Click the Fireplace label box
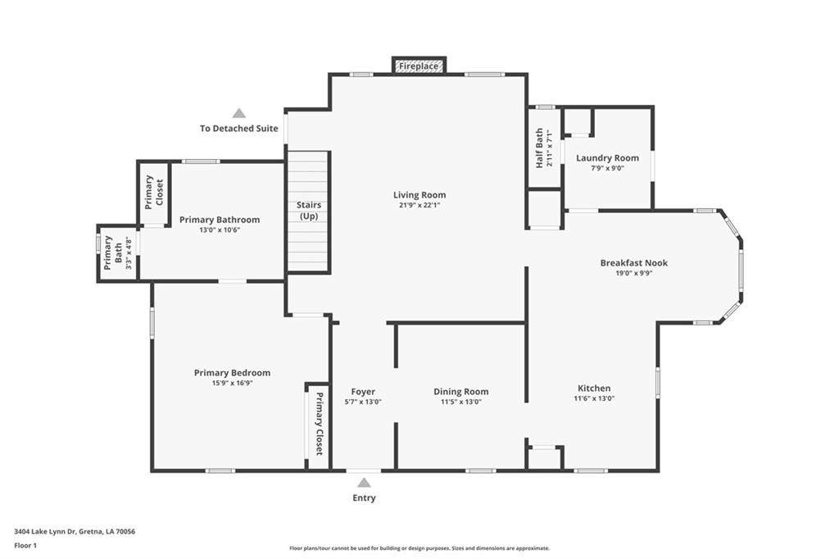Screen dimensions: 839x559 tap(419, 66)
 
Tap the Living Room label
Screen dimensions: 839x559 tap(419, 195)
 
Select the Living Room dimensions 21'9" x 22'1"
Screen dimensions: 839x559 tap(419, 205)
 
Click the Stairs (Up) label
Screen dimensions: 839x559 tap(309, 211)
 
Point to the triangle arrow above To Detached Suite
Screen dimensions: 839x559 tap(239, 113)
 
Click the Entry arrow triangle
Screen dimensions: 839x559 tap(364, 483)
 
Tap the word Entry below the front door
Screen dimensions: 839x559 tap(364, 498)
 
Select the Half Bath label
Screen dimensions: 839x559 tap(539, 148)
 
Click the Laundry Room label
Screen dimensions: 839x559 tap(607, 158)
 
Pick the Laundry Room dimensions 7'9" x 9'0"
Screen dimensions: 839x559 tap(607, 168)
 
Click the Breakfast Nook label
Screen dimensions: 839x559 tap(634, 263)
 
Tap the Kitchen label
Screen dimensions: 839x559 tap(594, 389)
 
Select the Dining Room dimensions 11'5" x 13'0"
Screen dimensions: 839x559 tap(461, 402)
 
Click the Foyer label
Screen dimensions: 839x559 tap(363, 392)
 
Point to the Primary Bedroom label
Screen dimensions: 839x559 tap(232, 373)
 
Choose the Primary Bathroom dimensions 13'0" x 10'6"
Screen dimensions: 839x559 tap(220, 230)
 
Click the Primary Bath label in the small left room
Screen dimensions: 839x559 tap(113, 252)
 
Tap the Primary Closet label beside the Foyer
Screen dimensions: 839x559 tap(319, 424)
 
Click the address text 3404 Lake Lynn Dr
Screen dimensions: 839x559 tap(46, 532)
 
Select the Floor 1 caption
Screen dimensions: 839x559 tap(25, 546)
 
